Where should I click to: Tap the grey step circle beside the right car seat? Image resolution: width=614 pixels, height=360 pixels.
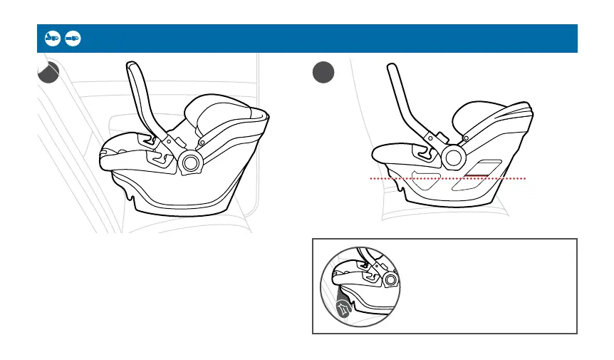click(x=323, y=73)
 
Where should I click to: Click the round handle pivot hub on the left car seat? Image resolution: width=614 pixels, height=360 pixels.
click(x=191, y=163)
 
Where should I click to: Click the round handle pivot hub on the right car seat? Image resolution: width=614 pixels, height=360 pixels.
click(x=452, y=156)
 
